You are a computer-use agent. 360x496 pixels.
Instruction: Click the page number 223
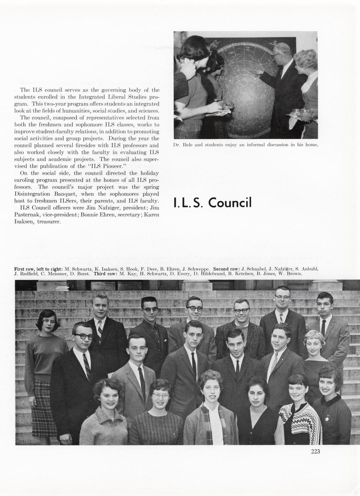[x=315, y=451]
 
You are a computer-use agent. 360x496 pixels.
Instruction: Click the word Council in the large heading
[x=230, y=203]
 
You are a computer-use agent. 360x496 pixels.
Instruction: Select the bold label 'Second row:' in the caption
[x=227, y=269]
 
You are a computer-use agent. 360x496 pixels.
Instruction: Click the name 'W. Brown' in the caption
[x=292, y=274]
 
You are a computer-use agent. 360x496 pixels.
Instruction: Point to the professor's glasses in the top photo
[x=276, y=55]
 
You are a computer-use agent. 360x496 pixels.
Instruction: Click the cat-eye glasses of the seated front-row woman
[x=160, y=395]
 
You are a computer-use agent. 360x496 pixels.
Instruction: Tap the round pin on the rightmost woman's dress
[x=327, y=418]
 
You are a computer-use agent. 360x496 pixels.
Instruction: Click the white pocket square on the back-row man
[x=165, y=340]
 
